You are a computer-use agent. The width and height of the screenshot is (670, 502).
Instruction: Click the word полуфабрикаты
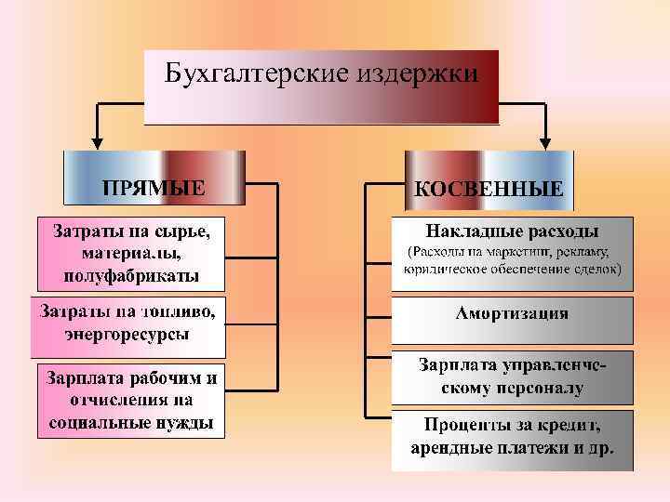(x=131, y=275)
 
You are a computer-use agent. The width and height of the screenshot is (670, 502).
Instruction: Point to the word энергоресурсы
(x=128, y=333)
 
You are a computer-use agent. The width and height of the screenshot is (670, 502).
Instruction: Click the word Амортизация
(x=512, y=313)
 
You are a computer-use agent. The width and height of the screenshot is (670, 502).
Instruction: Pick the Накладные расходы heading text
(x=512, y=230)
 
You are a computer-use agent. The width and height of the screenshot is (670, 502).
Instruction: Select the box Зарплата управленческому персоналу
(x=512, y=376)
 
